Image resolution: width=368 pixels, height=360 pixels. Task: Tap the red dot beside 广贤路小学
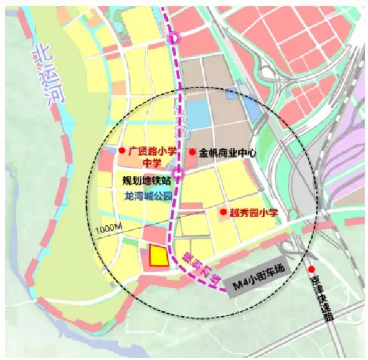tap(121, 151)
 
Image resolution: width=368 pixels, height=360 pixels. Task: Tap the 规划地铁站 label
tap(147, 180)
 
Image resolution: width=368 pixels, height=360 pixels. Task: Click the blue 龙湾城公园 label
tap(148, 196)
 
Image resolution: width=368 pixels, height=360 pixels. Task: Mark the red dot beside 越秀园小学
tap(224, 212)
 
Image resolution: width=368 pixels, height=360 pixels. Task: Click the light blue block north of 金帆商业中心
tap(197, 114)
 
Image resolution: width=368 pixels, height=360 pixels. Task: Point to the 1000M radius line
tap(150, 221)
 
